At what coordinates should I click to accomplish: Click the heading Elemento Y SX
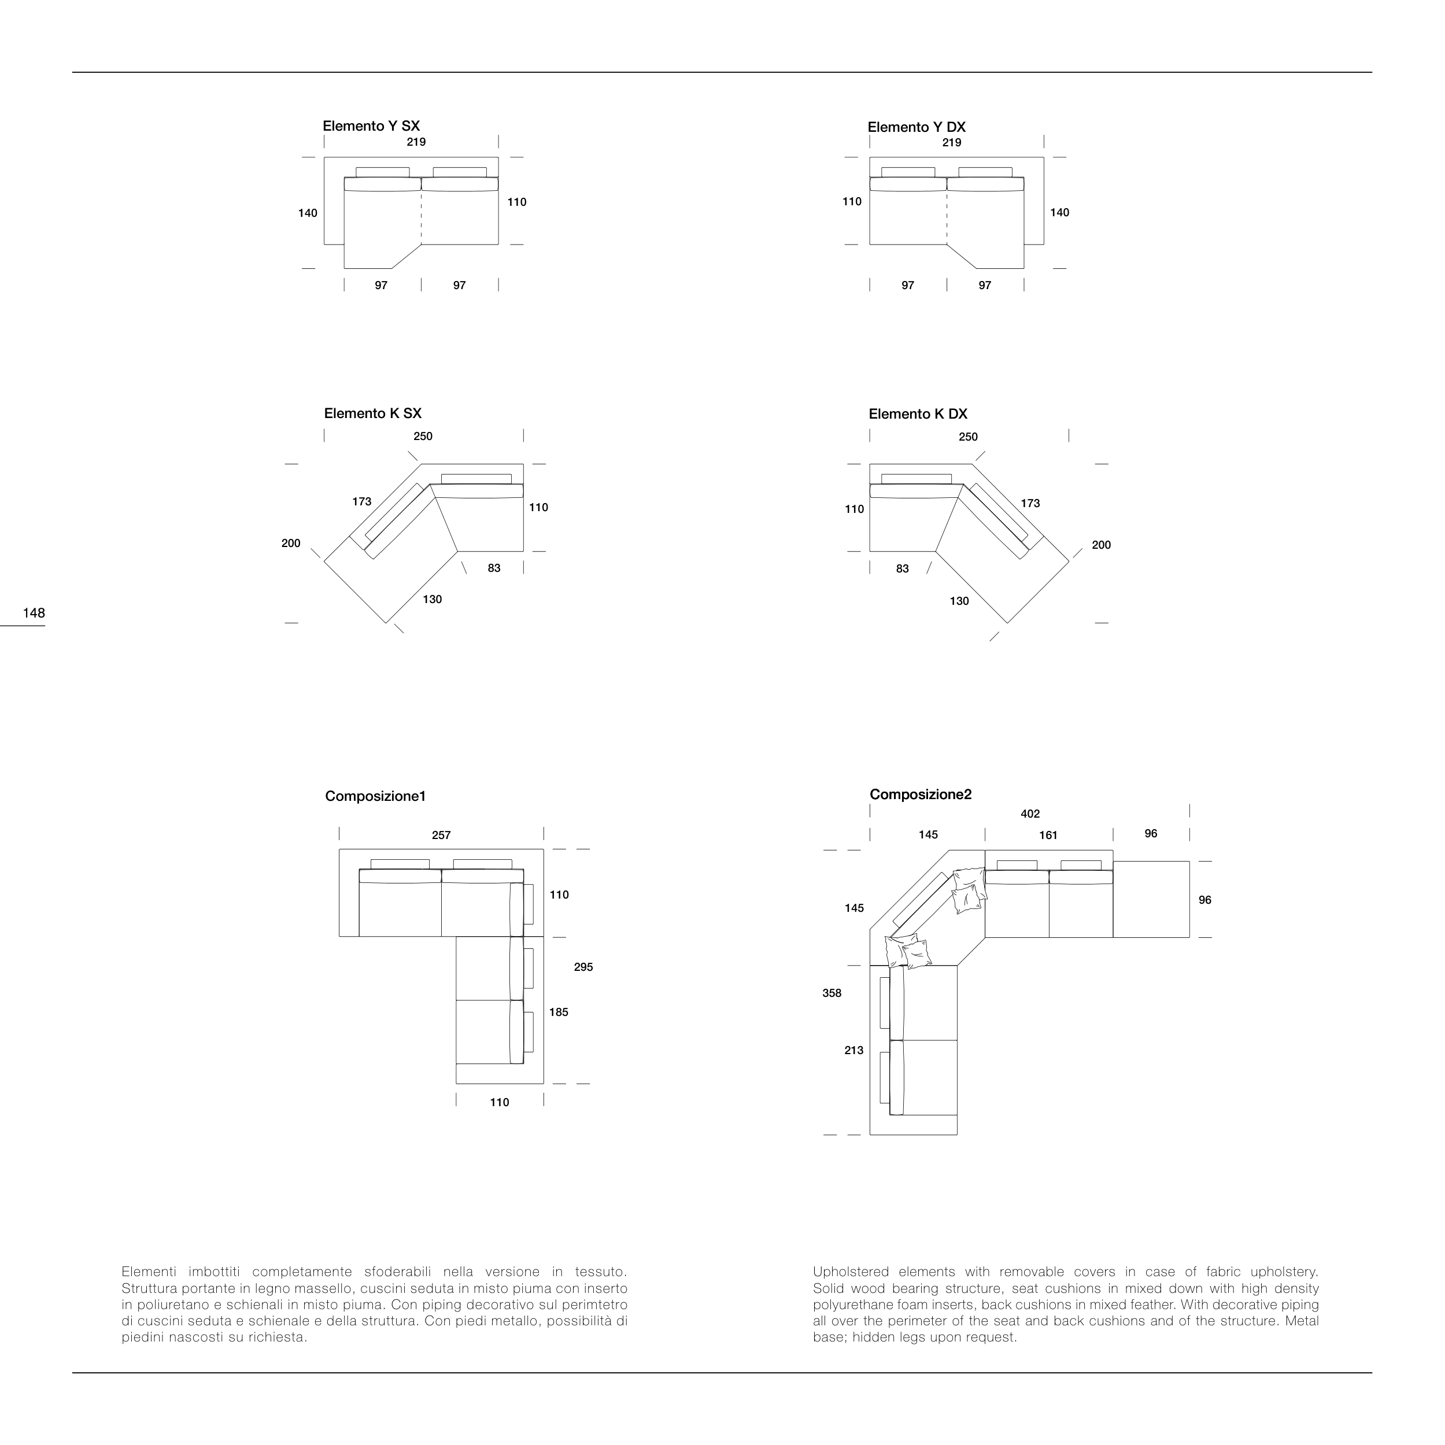(371, 125)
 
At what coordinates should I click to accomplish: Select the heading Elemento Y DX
(916, 127)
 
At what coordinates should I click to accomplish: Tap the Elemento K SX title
(372, 413)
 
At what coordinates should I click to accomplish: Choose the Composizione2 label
(920, 794)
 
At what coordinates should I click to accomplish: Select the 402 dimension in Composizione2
(1030, 814)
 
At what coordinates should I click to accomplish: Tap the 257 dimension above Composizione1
(441, 836)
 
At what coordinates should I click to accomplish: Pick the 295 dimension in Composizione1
(583, 967)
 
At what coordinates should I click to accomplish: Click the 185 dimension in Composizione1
(559, 1012)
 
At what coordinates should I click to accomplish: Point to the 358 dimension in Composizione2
(831, 993)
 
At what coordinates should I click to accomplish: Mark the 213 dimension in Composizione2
(853, 1050)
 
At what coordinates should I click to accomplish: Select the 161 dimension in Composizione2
(1048, 836)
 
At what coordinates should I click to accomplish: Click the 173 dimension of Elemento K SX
(362, 502)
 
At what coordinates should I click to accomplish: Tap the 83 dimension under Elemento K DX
(903, 569)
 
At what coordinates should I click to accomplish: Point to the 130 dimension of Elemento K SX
(433, 600)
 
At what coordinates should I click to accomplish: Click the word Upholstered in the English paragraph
(851, 1272)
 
